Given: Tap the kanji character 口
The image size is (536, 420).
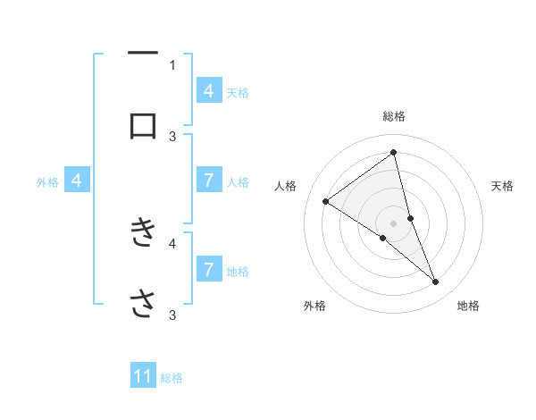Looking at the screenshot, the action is pos(143,126).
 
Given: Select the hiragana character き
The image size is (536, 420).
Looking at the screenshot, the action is pos(143,231).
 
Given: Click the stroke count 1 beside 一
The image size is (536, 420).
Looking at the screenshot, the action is pos(172,64).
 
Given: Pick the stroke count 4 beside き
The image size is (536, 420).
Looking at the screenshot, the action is pos(172,241).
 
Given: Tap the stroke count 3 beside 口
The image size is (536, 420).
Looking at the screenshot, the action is pos(172,136).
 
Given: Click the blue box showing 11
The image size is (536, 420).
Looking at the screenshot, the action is pos(143,377).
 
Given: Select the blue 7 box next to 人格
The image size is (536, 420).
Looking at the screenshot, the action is pos(208,181).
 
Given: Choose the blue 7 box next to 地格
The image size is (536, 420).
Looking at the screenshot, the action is pos(208,270).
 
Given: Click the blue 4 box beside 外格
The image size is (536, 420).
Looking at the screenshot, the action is pos(77,181).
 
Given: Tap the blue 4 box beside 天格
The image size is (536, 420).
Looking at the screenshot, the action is pos(208,91).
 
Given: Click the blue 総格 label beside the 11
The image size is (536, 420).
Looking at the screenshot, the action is pos(172,378).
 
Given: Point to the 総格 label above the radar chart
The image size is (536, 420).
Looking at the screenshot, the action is pos(394,117).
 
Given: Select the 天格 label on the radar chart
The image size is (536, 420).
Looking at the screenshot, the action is pos(503,186).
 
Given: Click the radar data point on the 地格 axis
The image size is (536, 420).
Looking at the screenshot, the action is pos(436,282).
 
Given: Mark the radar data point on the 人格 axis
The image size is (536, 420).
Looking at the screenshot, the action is pos(325,201).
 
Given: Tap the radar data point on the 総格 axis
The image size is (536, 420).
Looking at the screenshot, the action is pos(394,152).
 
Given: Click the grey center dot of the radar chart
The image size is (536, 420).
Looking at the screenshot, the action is pos(394,223).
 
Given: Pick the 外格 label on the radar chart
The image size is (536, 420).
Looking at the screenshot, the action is pos(314,307).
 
